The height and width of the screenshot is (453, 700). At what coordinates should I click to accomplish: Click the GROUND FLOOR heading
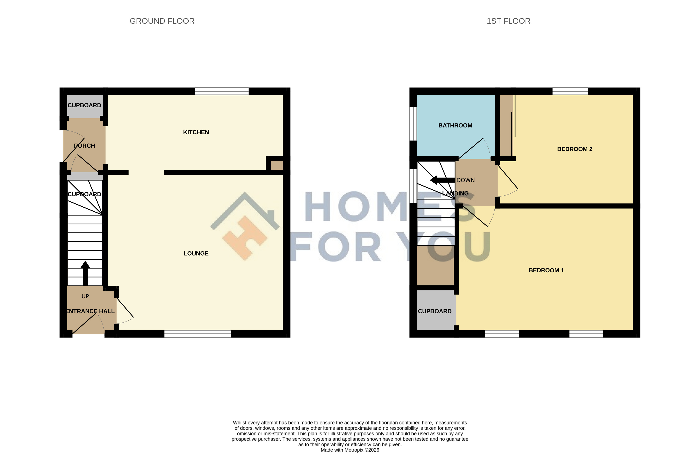[x=162, y=21]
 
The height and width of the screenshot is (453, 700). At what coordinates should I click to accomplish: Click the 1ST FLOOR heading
[x=509, y=21]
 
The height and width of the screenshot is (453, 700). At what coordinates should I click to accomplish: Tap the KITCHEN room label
[x=196, y=132]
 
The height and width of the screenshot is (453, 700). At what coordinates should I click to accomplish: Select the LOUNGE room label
[x=196, y=253]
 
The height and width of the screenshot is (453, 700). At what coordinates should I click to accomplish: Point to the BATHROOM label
[x=455, y=125]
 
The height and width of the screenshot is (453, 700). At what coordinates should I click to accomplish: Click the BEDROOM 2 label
[x=575, y=149]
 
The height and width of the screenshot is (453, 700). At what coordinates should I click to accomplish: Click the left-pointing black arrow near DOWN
[x=442, y=180]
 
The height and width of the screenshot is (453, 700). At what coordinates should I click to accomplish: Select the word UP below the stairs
[x=85, y=297]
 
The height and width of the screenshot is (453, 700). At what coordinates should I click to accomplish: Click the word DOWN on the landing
[x=466, y=180]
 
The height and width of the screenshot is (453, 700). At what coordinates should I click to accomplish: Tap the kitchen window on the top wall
[x=222, y=91]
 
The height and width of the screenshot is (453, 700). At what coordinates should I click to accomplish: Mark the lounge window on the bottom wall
[x=197, y=334]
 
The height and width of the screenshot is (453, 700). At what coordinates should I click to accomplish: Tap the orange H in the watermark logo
[x=245, y=238]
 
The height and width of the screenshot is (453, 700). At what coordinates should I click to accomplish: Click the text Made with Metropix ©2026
[x=350, y=450]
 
